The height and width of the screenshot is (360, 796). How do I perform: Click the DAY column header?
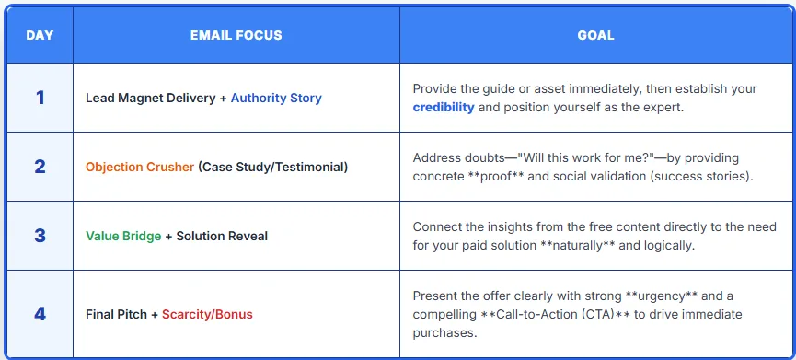click(40, 36)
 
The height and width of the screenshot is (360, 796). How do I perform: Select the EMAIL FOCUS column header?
click(236, 36)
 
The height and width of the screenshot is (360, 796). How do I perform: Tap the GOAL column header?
click(595, 36)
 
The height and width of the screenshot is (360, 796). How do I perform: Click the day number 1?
click(40, 98)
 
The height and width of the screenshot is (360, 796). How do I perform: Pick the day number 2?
click(40, 167)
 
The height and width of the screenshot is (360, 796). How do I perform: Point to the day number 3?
click(40, 236)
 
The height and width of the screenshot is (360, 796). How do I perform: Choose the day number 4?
click(40, 314)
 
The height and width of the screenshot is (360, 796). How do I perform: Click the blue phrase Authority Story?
click(276, 98)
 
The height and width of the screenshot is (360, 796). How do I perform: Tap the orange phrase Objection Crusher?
click(140, 167)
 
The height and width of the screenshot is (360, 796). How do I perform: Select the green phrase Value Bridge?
click(123, 236)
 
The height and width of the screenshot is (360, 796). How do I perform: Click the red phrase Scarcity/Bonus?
click(207, 314)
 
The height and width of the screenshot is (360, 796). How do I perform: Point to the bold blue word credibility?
click(444, 108)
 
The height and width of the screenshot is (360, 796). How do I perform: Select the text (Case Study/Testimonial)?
click(273, 167)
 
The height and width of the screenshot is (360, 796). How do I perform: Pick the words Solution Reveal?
click(222, 236)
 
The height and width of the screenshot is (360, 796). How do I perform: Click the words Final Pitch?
click(116, 314)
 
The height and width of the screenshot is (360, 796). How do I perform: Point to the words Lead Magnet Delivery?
click(151, 98)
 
